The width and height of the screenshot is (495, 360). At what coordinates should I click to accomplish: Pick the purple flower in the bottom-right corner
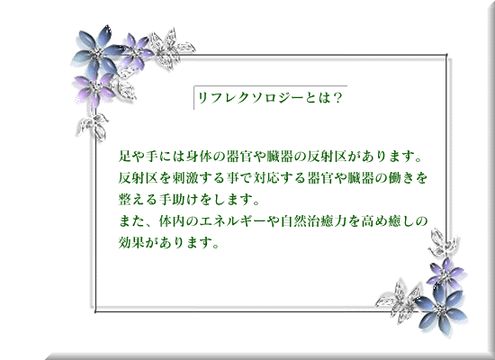[445, 271]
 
